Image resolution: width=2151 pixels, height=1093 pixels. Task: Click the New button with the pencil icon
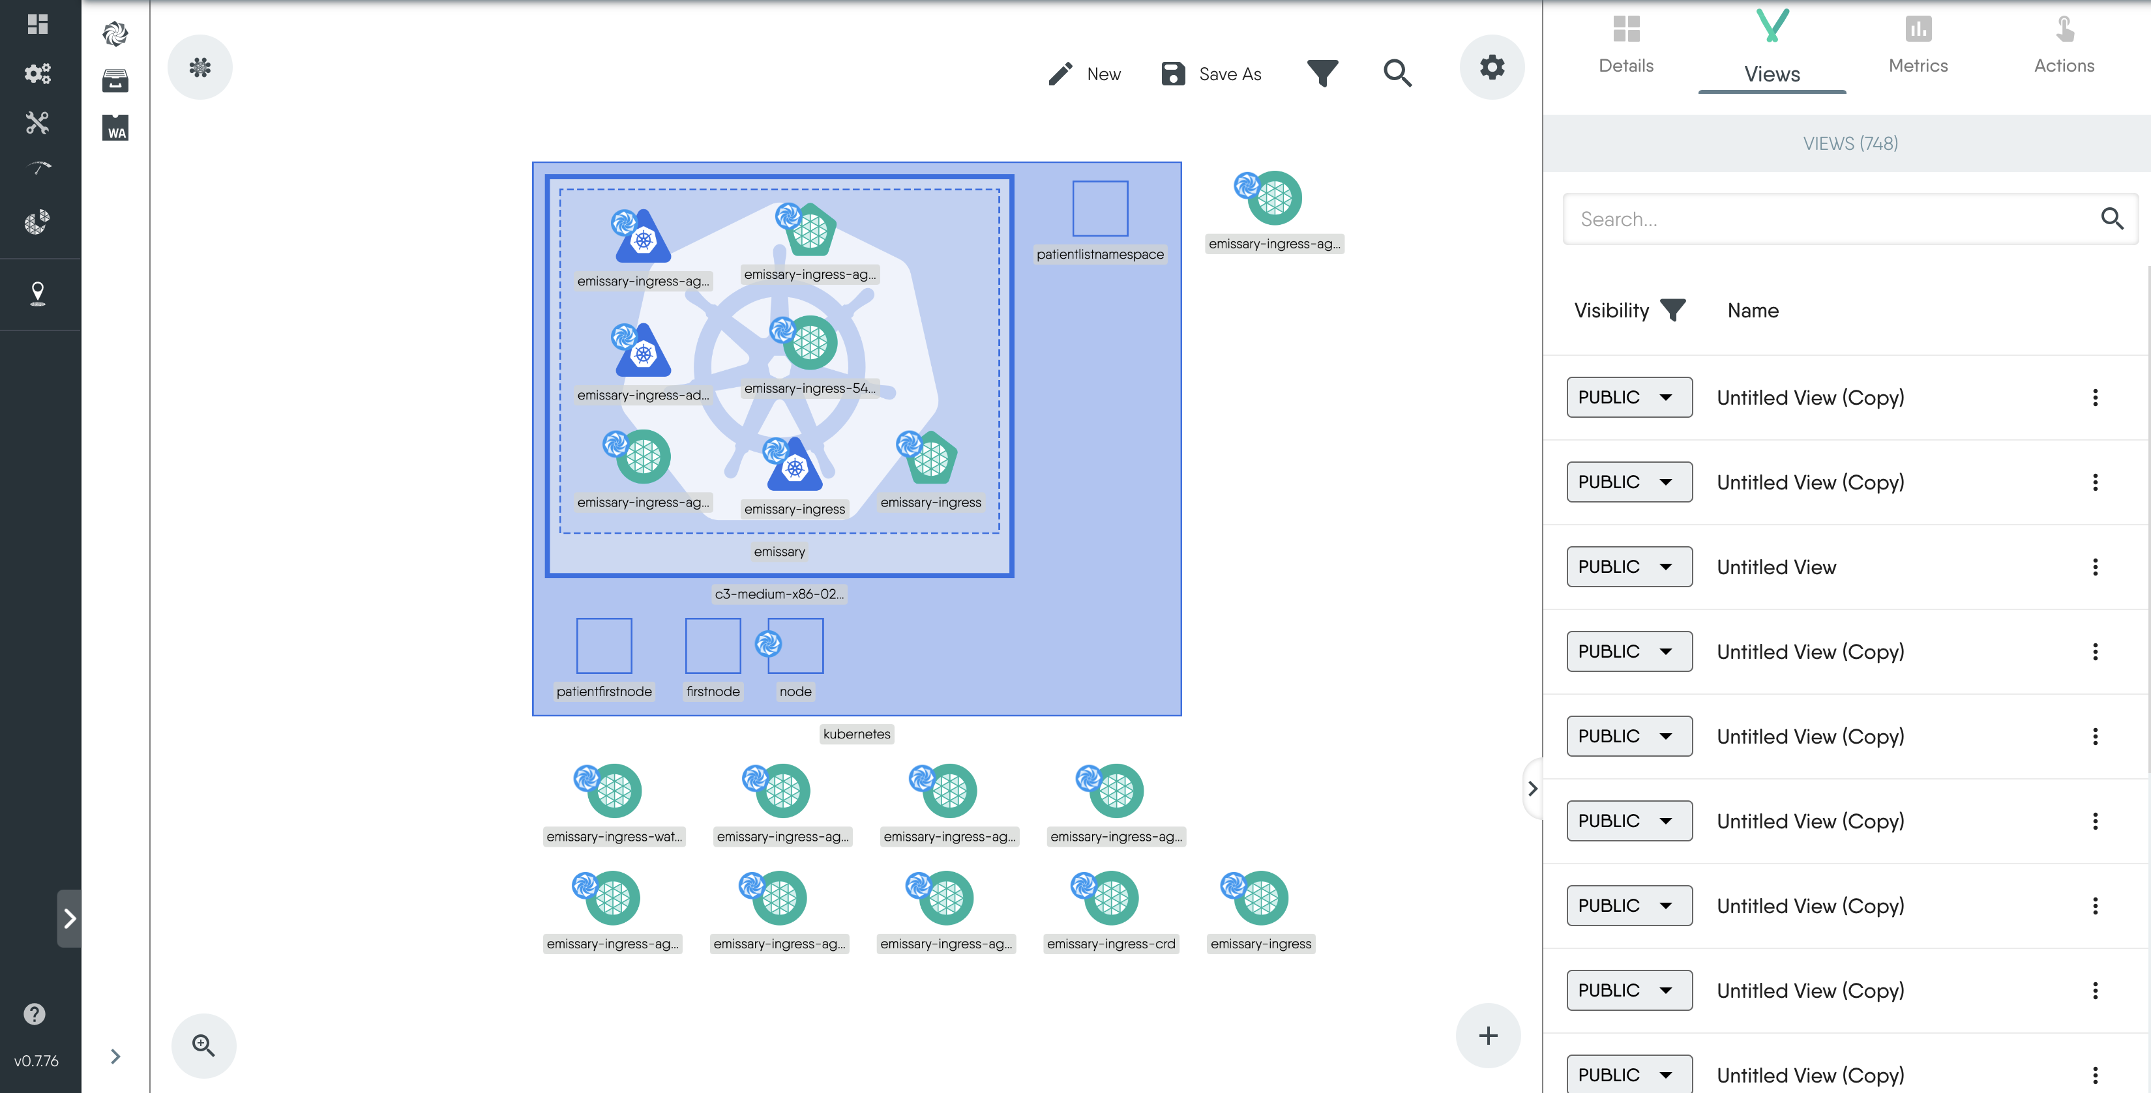click(1085, 74)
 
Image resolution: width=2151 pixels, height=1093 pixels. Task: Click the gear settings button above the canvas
click(1491, 66)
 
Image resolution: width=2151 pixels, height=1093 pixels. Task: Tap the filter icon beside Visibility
click(1672, 311)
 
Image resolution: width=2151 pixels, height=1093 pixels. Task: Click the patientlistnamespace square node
click(1100, 209)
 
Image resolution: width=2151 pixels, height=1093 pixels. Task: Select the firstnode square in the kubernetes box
click(712, 645)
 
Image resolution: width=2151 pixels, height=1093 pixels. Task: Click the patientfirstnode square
click(604, 645)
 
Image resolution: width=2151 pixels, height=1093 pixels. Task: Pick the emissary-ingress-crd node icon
click(1110, 897)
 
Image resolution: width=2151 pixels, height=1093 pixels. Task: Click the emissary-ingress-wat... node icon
click(613, 790)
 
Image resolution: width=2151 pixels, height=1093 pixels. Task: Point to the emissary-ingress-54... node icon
click(808, 342)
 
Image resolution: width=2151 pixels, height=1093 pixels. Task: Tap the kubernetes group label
click(856, 734)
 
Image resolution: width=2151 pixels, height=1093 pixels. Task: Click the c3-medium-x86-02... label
click(779, 594)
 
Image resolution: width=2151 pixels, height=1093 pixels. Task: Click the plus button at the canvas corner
click(1487, 1036)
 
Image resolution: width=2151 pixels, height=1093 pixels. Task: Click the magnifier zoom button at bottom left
click(203, 1045)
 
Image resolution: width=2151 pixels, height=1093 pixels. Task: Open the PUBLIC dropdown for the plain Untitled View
click(1628, 567)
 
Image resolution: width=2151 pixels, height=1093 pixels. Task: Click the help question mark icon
click(35, 1013)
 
